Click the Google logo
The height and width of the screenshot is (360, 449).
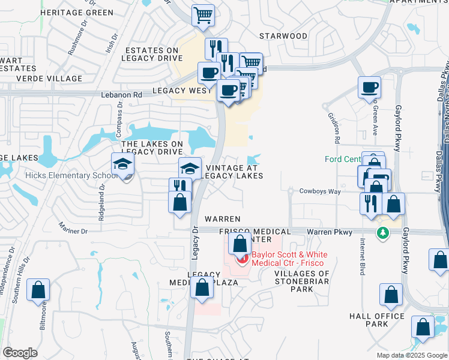click(x=20, y=353)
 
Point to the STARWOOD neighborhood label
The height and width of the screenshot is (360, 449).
click(x=283, y=36)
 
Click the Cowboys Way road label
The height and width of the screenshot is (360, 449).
click(x=320, y=191)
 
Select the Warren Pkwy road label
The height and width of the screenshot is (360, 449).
click(x=328, y=231)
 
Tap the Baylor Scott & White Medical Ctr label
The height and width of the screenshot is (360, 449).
click(x=287, y=259)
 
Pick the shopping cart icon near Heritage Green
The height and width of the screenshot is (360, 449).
click(x=203, y=16)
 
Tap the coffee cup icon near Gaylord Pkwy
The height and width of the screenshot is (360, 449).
click(x=370, y=88)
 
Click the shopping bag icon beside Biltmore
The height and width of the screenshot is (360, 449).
click(x=38, y=290)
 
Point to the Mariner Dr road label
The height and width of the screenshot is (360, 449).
click(x=73, y=228)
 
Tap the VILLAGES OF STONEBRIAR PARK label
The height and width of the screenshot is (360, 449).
click(x=302, y=281)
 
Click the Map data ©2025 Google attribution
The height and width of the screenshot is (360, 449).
click(x=412, y=355)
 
